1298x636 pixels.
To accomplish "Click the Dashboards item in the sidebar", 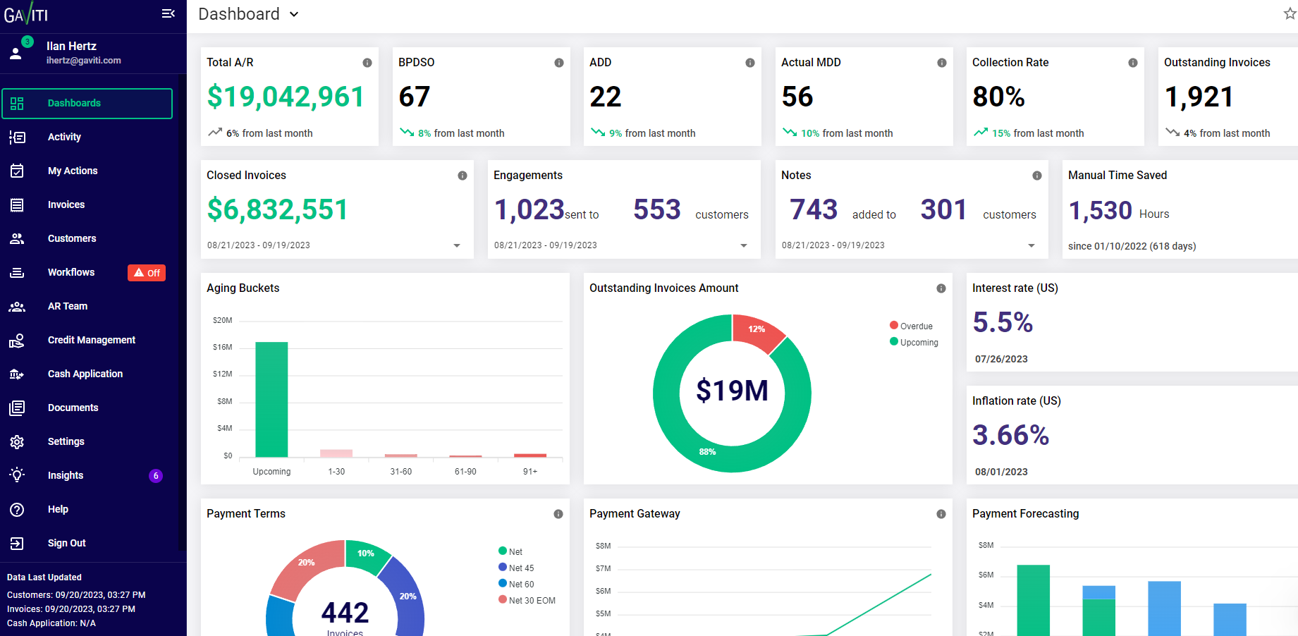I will (74, 104).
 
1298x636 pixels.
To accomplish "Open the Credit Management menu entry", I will (91, 340).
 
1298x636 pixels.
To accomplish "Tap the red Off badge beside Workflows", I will (147, 273).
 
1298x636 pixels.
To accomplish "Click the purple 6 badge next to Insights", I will (156, 476).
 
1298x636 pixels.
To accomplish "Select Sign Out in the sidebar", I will (66, 543).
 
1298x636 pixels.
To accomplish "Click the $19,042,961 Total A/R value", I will (286, 97).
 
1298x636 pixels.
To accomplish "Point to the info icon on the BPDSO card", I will (559, 63).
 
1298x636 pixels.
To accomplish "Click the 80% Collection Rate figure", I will (998, 97).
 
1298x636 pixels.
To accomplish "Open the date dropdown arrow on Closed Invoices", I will (457, 245).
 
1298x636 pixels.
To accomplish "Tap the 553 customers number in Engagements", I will (656, 209).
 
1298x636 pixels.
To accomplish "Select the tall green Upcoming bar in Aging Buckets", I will (271, 399).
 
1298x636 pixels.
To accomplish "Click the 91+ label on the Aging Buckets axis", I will (530, 472).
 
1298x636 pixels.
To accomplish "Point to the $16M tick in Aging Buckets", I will (222, 347).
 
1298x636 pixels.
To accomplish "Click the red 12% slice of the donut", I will (757, 331).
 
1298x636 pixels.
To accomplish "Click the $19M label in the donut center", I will (732, 391).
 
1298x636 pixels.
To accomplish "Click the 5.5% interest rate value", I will (1003, 322).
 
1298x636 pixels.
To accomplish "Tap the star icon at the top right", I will (1290, 14).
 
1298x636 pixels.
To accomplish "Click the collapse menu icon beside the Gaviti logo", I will (168, 13).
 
